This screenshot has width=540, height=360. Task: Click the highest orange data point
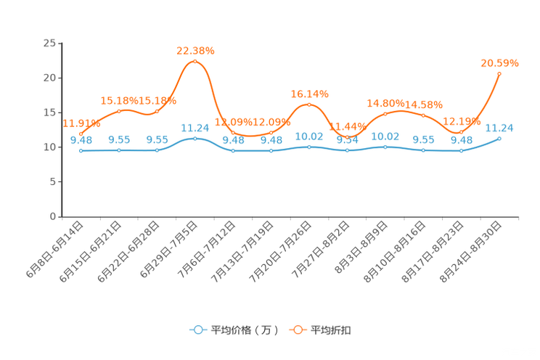click(195, 61)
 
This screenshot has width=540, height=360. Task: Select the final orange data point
click(499, 73)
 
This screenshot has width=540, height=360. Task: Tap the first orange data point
click(81, 132)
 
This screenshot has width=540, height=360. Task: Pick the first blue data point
click(81, 151)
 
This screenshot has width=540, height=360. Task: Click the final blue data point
click(499, 138)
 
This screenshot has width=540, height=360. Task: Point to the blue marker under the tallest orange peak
click(195, 138)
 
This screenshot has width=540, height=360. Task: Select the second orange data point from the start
click(119, 110)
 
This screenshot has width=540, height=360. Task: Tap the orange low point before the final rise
click(461, 132)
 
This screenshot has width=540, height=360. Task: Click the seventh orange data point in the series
click(309, 105)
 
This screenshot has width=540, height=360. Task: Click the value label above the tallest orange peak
click(196, 50)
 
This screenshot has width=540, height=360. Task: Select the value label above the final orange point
click(499, 63)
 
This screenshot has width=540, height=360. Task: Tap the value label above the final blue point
click(499, 127)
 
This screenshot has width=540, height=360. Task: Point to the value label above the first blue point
click(81, 140)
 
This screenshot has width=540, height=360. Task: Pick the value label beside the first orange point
click(75, 123)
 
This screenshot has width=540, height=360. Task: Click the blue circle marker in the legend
click(197, 330)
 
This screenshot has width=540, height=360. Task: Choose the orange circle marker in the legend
click(297, 330)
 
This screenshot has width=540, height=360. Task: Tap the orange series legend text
click(332, 330)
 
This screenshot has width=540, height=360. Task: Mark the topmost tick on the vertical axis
click(60, 44)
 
